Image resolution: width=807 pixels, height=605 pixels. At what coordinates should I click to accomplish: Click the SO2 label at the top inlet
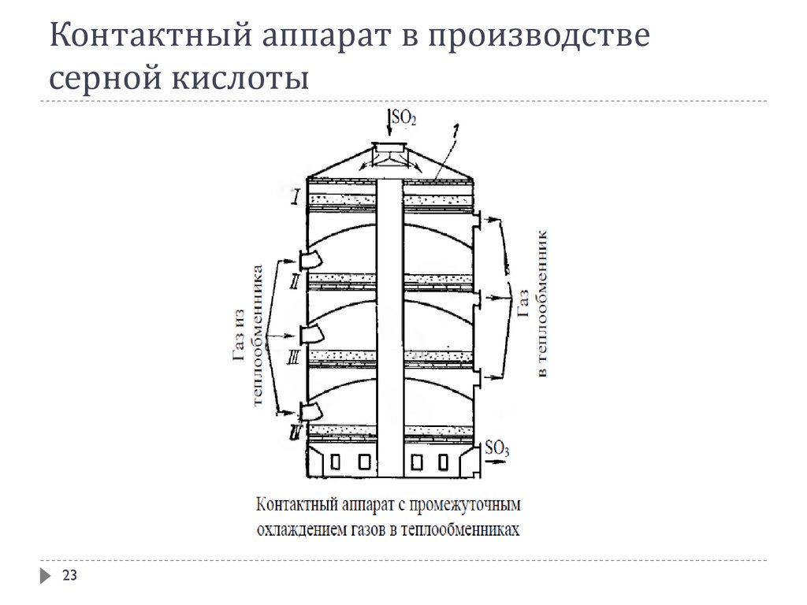click(x=403, y=118)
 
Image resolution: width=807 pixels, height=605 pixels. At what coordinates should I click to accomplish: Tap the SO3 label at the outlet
click(x=497, y=449)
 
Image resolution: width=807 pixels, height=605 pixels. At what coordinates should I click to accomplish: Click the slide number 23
click(x=69, y=577)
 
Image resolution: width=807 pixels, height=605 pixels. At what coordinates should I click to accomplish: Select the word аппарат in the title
click(x=321, y=37)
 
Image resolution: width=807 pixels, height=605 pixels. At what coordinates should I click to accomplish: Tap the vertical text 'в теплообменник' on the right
click(x=541, y=302)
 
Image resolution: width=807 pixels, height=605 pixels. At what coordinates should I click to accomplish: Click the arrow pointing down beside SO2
click(x=388, y=122)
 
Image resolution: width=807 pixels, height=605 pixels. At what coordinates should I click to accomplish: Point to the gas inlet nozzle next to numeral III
click(x=310, y=334)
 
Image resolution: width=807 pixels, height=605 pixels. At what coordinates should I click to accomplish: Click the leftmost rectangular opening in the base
click(x=335, y=461)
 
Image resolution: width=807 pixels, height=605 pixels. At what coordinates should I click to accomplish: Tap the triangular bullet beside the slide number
click(x=45, y=577)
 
